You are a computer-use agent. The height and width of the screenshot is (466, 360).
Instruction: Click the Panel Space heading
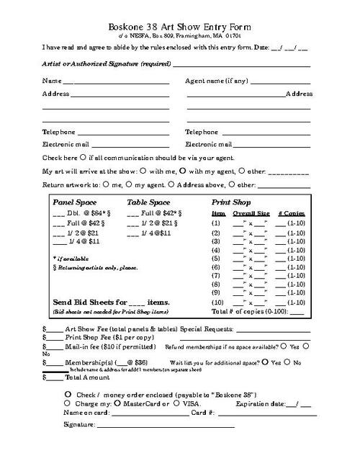[x=75, y=203]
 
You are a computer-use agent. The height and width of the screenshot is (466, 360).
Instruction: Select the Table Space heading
[x=148, y=203]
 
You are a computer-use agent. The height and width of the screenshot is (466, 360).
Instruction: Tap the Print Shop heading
[x=231, y=203]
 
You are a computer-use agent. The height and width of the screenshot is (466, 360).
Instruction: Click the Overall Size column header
[x=251, y=214]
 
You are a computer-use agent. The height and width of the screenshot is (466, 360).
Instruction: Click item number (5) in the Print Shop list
[x=216, y=258]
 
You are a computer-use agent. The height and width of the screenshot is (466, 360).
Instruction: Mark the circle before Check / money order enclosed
[x=68, y=395]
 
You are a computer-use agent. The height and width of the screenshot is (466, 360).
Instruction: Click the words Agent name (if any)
[x=216, y=81]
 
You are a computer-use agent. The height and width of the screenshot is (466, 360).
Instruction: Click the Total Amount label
[x=87, y=377]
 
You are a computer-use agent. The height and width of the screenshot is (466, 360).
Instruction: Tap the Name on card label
[x=86, y=413]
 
